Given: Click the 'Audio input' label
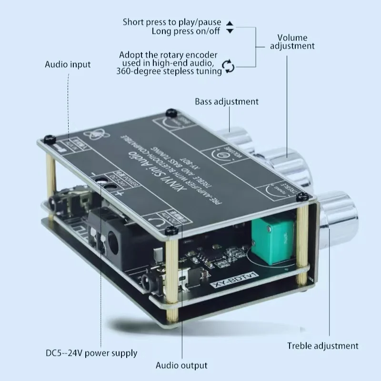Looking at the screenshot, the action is point(67,64).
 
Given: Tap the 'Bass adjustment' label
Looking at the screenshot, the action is point(227,101).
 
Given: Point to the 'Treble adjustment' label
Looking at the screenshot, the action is point(322,346).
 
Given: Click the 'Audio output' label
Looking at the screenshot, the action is point(181,365).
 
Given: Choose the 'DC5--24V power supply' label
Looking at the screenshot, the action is point(91,353).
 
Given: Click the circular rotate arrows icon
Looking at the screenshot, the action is point(230,66).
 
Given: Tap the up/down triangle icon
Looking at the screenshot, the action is point(230,27).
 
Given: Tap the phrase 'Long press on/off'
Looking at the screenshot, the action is point(186,31).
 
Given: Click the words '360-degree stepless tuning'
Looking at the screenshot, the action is point(169,71).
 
